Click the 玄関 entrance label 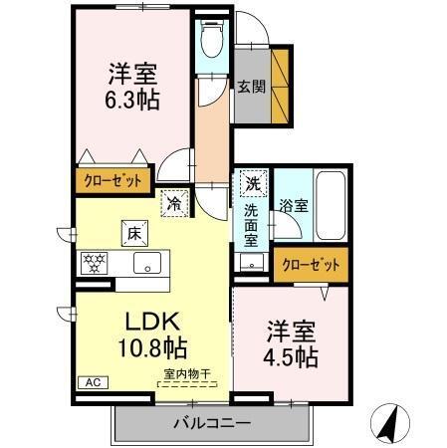coord(250,85)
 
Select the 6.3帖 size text coord(133,101)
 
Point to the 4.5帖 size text coord(292,355)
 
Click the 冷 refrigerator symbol coord(175,202)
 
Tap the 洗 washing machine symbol coord(254,183)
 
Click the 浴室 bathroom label coord(294,206)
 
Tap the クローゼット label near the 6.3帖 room coord(112,183)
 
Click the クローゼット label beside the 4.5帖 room coord(312,265)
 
